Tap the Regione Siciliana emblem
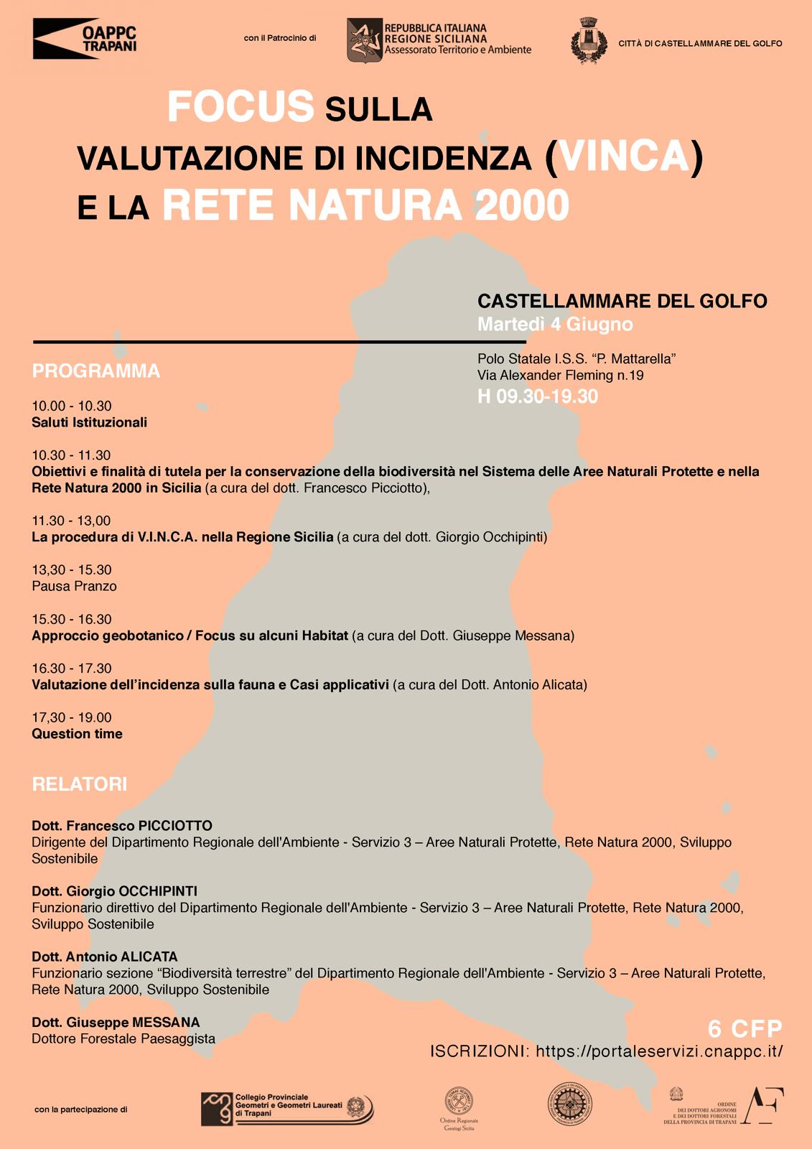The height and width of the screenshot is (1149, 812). pos(365,40)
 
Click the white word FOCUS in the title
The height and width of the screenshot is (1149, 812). pos(241,107)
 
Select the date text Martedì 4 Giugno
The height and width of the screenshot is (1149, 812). pos(555,325)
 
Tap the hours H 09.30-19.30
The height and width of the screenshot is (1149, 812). pos(538,396)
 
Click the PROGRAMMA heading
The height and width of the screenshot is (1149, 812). pos(95,371)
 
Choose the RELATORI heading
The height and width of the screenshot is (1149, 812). pos(80,784)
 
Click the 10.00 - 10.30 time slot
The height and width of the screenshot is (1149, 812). pos(72,406)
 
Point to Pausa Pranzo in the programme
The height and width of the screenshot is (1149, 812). pos(74,586)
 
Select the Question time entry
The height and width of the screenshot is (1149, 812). pos(77,734)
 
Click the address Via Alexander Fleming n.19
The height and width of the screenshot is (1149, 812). pos(560,375)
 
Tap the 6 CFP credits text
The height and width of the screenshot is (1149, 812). pos(745,1028)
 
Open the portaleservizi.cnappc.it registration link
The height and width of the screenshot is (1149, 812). pos(659,1051)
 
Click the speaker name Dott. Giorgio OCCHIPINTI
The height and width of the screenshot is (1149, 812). pos(114,891)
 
